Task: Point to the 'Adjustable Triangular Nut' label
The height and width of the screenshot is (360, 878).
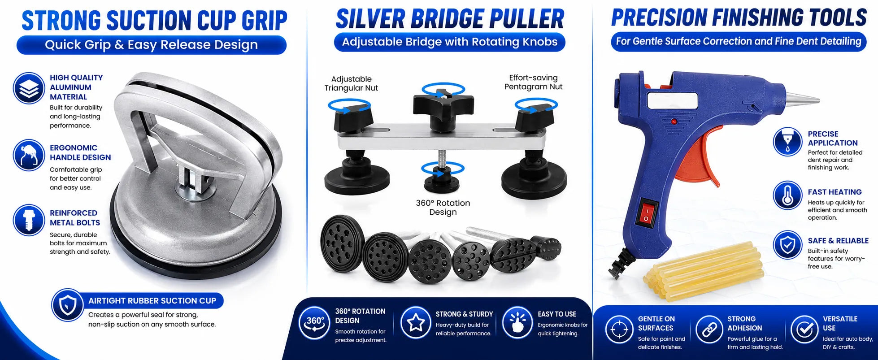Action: coord(351,83)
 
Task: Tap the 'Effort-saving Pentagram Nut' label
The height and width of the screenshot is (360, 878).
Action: coord(533,82)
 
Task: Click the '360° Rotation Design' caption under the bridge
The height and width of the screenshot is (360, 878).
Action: coord(443,207)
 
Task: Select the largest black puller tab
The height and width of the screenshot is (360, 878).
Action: coord(343,243)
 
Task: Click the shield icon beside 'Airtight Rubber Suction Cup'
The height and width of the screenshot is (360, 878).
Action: coord(68,305)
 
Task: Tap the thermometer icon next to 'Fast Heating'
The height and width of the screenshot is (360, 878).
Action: coord(787,195)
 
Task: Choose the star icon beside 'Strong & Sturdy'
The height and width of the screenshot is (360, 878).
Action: coord(416,322)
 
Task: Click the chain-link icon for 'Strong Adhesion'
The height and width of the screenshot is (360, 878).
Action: coord(709,330)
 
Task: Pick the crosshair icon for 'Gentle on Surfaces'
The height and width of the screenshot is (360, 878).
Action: coord(619,330)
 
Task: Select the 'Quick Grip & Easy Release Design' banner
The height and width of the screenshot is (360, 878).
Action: coord(152,45)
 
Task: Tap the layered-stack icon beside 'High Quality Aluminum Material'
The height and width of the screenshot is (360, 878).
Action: coord(29,88)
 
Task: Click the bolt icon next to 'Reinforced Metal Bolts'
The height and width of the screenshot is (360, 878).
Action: coord(29,220)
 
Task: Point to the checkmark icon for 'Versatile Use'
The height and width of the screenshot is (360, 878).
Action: coord(804,330)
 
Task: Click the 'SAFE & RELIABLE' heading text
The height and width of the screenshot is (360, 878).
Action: coord(838,241)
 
